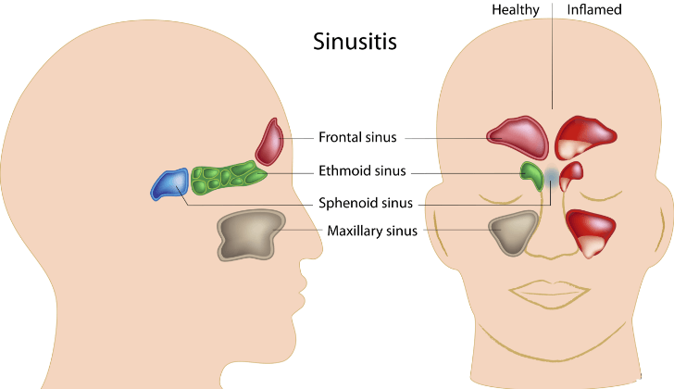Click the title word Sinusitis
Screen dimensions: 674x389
coord(355,42)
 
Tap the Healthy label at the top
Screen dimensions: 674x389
coord(516,10)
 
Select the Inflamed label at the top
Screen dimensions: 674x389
coord(594,9)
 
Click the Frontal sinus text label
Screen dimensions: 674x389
coord(357,137)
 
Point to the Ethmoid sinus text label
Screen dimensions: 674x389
coord(362,170)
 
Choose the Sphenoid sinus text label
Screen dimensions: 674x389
coord(366,203)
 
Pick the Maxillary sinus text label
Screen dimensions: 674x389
coord(372,231)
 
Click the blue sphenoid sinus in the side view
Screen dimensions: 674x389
coord(170,184)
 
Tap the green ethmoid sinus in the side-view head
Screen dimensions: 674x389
coord(228,177)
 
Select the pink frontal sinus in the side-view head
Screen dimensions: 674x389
coord(270,143)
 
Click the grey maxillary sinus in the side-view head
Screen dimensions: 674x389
coord(250,234)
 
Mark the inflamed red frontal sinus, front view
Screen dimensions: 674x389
coord(584,137)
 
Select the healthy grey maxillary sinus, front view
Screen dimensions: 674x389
coord(514,232)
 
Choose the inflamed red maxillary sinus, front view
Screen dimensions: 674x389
coord(590,232)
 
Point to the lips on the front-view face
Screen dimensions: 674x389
coord(549,294)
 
